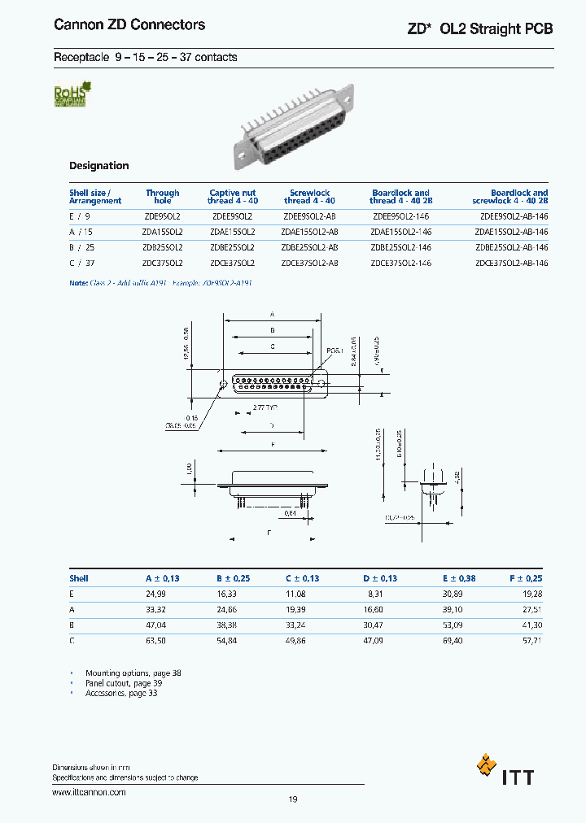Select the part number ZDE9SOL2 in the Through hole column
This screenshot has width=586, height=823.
(x=161, y=218)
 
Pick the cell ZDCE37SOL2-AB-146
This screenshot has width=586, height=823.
(x=511, y=263)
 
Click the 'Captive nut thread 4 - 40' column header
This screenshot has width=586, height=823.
(x=232, y=197)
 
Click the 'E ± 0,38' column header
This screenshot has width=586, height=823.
(x=458, y=578)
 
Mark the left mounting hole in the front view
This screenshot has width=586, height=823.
(x=222, y=384)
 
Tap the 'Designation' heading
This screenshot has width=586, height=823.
(x=98, y=166)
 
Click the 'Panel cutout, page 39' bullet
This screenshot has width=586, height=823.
(x=124, y=683)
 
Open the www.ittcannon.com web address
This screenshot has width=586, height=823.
(x=89, y=791)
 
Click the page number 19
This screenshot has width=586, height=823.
(x=293, y=799)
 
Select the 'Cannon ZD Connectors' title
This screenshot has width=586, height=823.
(x=129, y=25)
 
